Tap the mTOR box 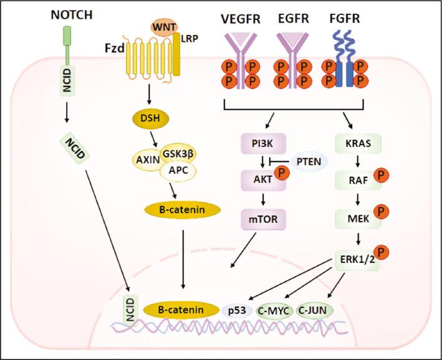tap(260, 219)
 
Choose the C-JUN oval tap(315, 310)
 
